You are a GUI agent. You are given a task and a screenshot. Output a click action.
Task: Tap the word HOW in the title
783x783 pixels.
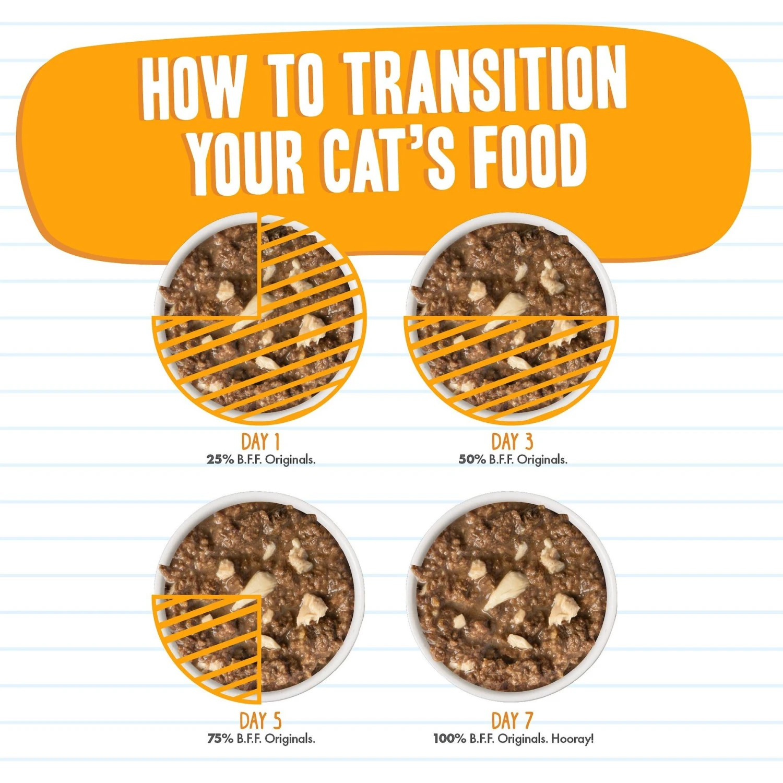(193, 87)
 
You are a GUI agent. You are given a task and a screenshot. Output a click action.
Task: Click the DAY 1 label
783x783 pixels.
(260, 442)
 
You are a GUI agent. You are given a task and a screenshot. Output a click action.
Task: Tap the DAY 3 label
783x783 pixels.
(512, 442)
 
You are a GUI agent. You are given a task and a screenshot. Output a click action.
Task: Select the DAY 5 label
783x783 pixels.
(260, 721)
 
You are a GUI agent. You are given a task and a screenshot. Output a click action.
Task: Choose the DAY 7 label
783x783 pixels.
(512, 721)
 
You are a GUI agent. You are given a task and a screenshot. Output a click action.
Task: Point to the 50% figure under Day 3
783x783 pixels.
(472, 459)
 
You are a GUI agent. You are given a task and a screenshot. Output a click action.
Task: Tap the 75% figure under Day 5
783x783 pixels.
(220, 739)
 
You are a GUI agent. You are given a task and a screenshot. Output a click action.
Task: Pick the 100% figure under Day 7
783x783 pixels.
(449, 739)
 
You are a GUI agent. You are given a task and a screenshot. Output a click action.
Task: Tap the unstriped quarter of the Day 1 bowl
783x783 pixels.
(214, 271)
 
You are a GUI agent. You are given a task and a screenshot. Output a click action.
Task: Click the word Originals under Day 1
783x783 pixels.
(290, 460)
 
